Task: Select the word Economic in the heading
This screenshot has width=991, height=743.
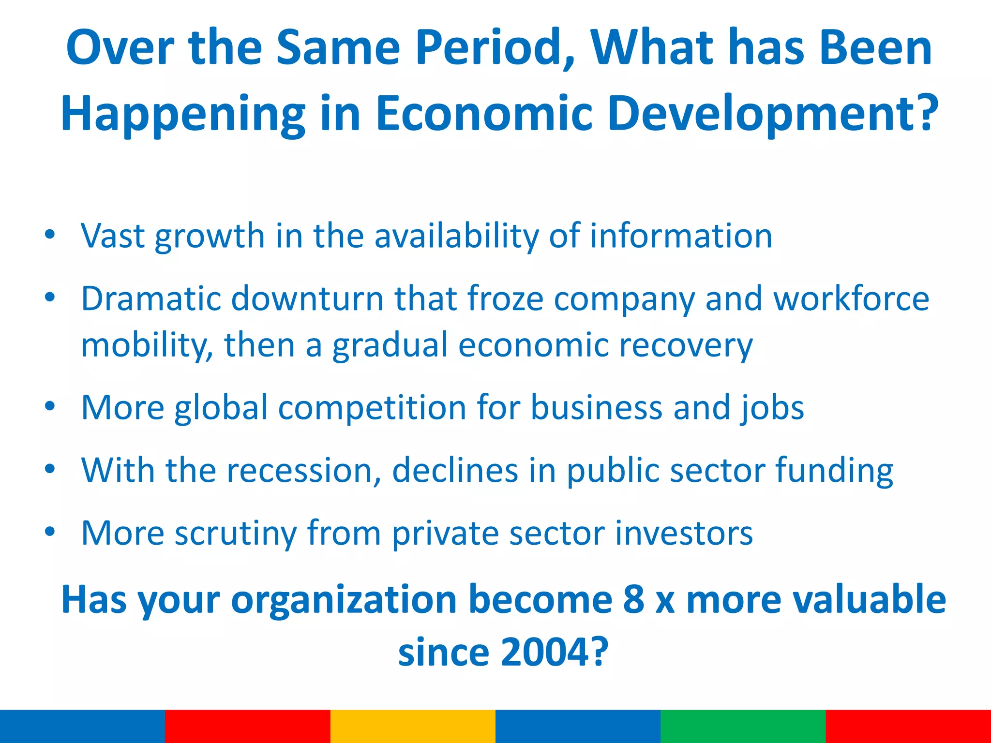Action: pos(483,113)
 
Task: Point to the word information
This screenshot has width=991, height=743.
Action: pos(680,236)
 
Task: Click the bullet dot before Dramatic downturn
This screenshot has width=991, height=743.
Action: pos(50,297)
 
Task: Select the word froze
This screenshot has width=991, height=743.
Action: pos(505,298)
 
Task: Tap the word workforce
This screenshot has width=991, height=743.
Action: pos(851,298)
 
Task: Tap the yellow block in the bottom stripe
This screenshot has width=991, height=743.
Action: pos(413,726)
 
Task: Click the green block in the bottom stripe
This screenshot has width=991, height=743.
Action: pos(743,726)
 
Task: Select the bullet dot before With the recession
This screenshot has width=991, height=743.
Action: pos(50,469)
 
